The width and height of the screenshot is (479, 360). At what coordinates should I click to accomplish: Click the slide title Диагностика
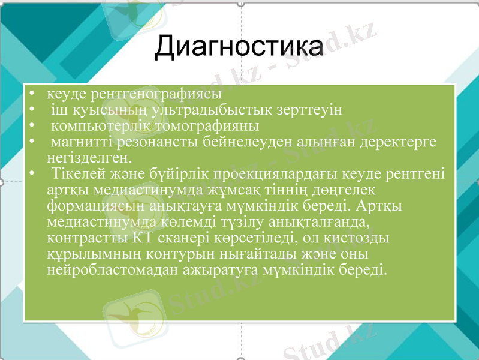239,47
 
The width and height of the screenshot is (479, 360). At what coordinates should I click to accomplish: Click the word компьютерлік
95,127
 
